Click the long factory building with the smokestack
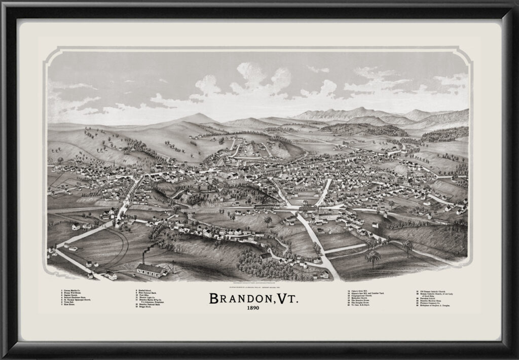click(152, 270)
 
